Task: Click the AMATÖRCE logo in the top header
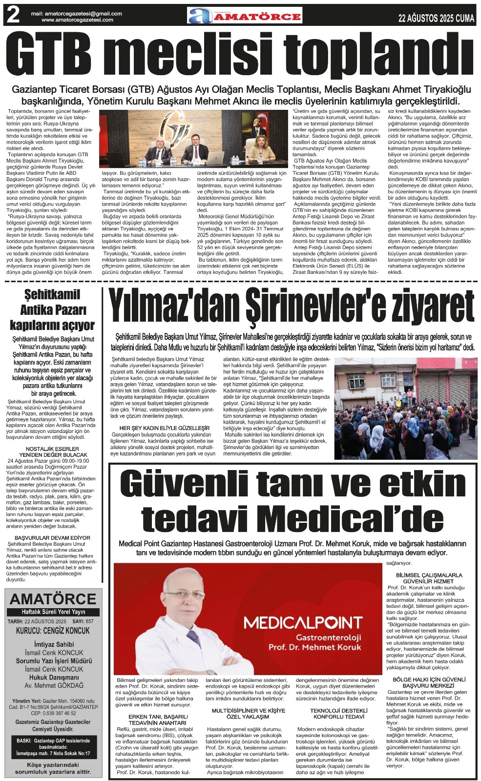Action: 245,16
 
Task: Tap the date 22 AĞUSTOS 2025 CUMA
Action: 436,18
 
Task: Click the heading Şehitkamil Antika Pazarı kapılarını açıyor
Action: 52,309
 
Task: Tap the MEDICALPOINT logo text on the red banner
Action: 303,623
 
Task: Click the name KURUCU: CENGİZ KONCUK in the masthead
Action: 53,630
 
